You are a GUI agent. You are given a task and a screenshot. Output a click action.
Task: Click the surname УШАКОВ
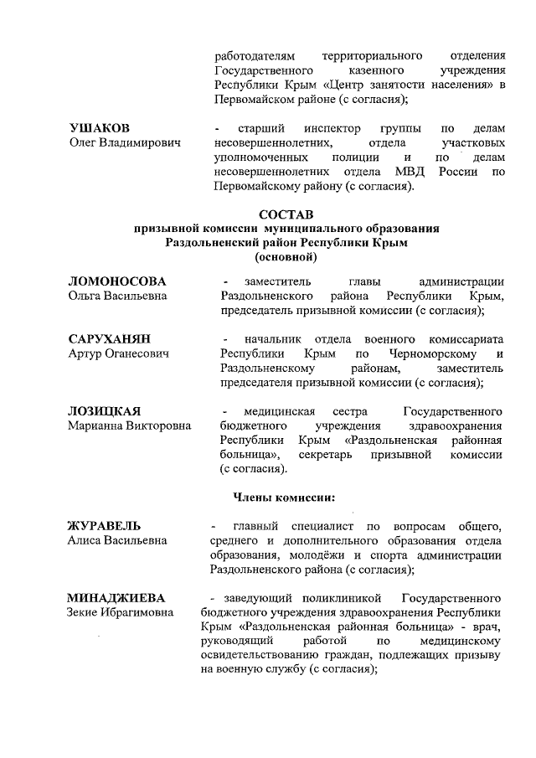point(99,128)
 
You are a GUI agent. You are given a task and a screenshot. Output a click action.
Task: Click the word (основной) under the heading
point(290,255)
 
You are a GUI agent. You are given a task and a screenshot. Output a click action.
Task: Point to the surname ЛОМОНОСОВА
point(117,281)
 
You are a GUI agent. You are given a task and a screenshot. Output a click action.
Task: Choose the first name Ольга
point(85,296)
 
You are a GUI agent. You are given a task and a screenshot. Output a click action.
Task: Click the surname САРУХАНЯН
point(109,339)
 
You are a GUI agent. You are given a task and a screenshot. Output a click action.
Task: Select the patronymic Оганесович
point(135,354)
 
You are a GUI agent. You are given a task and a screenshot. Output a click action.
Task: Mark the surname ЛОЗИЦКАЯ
point(104,411)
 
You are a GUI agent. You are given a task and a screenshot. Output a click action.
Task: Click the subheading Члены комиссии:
point(283,498)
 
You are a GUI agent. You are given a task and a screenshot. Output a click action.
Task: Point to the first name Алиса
point(85,541)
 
